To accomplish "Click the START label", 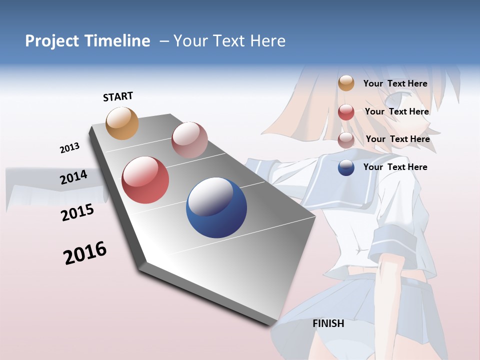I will [x=118, y=96].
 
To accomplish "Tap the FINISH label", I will [x=328, y=323].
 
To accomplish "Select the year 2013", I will [x=69, y=148].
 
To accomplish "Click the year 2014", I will [x=74, y=177].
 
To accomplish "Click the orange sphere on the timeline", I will [x=122, y=123].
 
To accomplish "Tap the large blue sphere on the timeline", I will [x=216, y=207].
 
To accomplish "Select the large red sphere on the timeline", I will [x=145, y=180].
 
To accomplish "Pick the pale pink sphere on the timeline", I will [x=189, y=140].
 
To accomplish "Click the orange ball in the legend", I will [x=346, y=83].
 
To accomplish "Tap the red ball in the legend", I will [x=346, y=112].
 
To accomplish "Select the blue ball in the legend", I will [x=346, y=167].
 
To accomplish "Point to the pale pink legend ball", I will [x=346, y=140].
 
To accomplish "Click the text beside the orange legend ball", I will [x=395, y=83].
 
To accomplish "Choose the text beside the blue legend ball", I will [x=395, y=167].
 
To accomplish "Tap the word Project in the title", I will [x=53, y=41].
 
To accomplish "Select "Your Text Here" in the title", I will [x=229, y=41].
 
